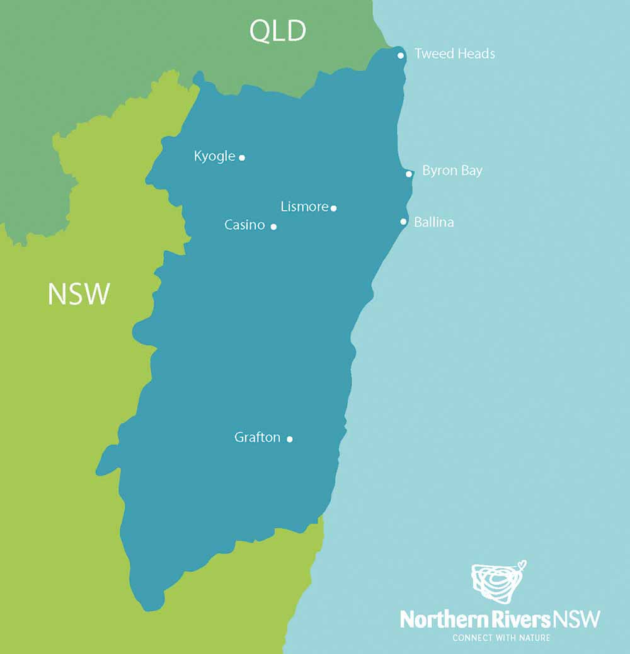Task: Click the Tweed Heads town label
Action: point(454,54)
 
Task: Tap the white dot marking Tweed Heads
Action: point(401,55)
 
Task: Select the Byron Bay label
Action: point(452,171)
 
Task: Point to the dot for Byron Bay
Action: point(409,174)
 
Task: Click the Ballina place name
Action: point(433,222)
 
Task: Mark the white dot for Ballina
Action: point(404,222)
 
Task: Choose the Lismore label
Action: point(304,206)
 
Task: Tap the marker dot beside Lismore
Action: point(334,208)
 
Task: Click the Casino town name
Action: point(244,225)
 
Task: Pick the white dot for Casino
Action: point(273,227)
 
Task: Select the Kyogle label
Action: point(214,156)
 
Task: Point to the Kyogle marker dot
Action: point(242,157)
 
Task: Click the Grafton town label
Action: point(257,437)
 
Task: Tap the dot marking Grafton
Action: point(290,439)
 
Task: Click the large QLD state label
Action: point(278,31)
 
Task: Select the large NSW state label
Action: point(79,294)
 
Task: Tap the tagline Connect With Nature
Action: point(501,638)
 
